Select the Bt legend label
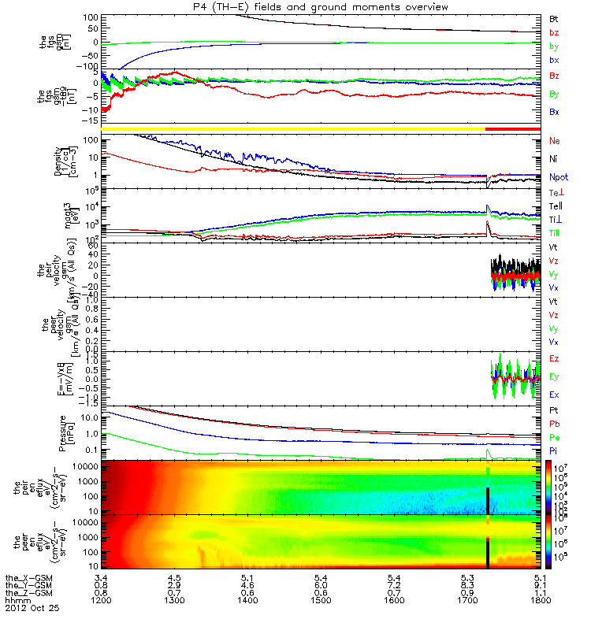point(554,17)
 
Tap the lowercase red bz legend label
point(554,32)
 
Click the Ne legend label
point(555,141)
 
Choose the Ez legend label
point(554,359)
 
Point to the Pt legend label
point(554,412)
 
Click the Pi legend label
point(554,451)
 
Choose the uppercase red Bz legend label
point(554,76)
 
